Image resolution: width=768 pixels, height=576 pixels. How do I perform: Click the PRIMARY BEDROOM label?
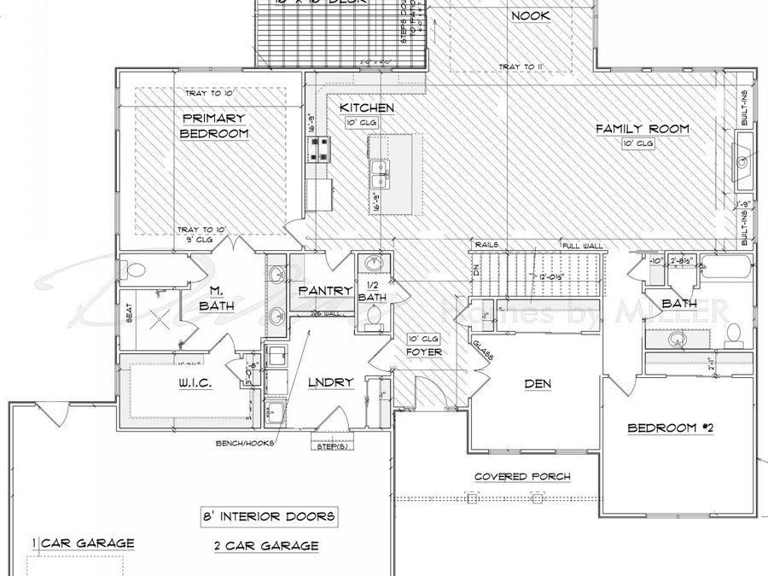213,126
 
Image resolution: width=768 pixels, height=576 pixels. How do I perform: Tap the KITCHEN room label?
366,108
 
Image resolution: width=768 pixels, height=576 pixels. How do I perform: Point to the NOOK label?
530,16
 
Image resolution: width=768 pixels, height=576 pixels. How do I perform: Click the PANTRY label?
324,291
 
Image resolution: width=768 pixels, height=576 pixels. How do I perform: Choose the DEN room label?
537,384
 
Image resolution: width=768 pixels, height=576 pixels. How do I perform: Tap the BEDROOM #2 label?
670,428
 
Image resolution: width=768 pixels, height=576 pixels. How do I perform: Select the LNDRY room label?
330,382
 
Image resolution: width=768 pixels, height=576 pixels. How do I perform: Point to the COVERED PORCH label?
522,476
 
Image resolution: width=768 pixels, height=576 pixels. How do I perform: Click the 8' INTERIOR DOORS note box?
267,516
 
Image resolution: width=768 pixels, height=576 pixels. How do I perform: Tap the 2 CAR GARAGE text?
266,545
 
